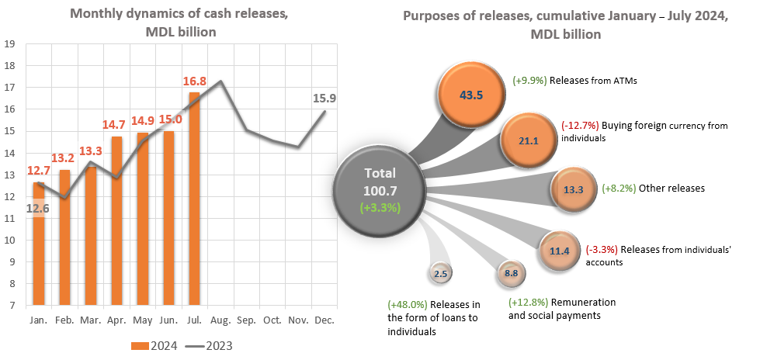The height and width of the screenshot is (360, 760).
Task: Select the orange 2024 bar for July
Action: pyautogui.click(x=194, y=198)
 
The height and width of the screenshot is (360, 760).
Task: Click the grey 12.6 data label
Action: pyautogui.click(x=37, y=207)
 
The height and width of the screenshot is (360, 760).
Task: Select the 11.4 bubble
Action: pyautogui.click(x=560, y=250)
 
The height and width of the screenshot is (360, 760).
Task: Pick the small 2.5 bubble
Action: pyautogui.click(x=439, y=273)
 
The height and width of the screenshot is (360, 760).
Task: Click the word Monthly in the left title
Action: pyautogui.click(x=95, y=13)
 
